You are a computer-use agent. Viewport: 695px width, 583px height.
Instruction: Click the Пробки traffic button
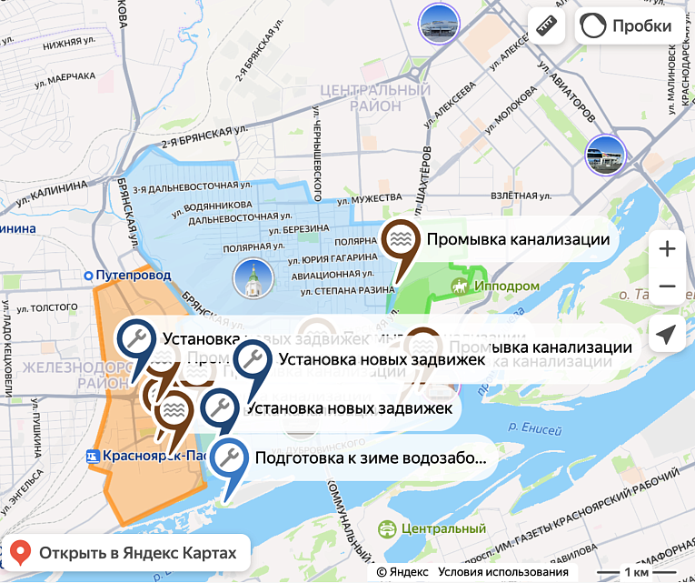[x=627, y=25]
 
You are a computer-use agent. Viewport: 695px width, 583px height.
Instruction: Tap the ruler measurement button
[x=546, y=25]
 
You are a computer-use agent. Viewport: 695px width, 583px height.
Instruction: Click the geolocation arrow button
[x=667, y=335]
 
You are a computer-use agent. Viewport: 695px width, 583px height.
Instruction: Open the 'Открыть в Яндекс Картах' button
[x=126, y=552]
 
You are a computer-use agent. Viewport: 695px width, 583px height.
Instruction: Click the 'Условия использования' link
[x=502, y=572]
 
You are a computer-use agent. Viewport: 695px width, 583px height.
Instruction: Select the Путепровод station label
[x=131, y=274]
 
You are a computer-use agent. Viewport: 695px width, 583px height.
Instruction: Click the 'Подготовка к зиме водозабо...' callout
[x=371, y=458]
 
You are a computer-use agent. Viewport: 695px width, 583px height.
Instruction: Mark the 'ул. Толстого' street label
[x=55, y=307]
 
